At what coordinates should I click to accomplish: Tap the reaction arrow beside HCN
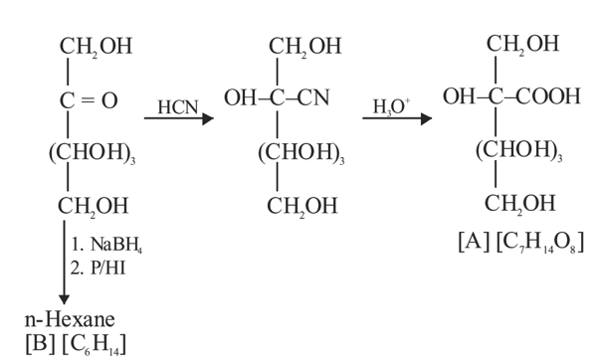point(179,118)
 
